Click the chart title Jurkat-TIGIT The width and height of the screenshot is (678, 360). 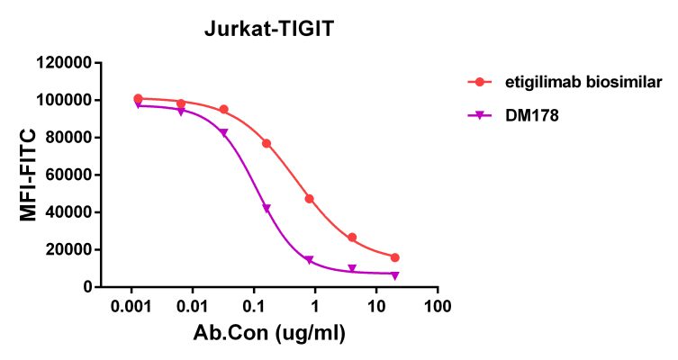pos(269,29)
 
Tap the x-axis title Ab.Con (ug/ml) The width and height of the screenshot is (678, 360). pos(269,332)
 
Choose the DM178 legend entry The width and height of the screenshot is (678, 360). pos(523,115)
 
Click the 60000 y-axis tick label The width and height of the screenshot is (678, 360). pos(66,175)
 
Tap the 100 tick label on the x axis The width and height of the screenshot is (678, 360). pos(438,306)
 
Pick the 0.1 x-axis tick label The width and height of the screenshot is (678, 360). pos(254,306)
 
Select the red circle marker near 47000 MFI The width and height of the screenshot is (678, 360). pos(309,198)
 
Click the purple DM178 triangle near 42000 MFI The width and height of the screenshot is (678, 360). pos(267,209)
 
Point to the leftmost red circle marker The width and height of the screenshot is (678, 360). pos(138,98)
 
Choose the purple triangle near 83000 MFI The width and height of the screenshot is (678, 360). pos(223,132)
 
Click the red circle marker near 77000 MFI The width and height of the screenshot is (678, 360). pos(267,143)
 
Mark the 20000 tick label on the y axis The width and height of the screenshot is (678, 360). pos(66,249)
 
